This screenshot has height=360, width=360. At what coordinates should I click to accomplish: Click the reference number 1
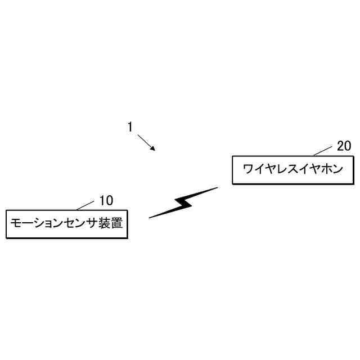point(129,127)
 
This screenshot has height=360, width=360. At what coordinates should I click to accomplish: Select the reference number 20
point(344,146)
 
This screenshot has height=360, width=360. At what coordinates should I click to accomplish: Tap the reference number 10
point(106,200)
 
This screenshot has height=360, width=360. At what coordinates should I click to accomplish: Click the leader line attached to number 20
point(323,150)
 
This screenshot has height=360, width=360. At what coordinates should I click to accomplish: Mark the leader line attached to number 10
point(85,205)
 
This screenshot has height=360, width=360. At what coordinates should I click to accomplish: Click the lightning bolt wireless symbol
point(183,202)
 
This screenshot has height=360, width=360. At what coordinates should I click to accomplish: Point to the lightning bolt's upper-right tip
point(216,188)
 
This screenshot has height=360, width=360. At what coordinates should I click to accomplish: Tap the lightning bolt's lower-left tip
point(150,217)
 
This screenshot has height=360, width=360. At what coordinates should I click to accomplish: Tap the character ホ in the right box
point(323,169)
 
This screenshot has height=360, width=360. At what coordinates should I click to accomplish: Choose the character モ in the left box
point(17,224)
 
